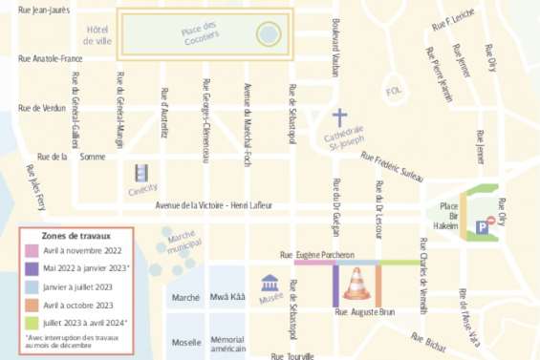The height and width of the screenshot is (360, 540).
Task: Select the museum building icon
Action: coord(270,284)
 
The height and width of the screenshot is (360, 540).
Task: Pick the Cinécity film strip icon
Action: coord(142,174)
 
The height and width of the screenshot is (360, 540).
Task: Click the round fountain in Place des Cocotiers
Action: coord(269,37)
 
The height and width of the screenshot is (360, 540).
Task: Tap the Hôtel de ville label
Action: coord(97,35)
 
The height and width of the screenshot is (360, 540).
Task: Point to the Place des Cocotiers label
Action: coord(200,32)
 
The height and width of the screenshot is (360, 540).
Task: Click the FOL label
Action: coord(393,92)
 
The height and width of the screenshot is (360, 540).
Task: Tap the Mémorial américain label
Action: coord(227,346)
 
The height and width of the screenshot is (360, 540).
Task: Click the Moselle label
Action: coord(185,341)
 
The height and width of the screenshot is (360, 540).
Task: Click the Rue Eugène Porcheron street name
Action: coord(316,255)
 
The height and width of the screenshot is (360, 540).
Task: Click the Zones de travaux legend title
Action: coord(77,234)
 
